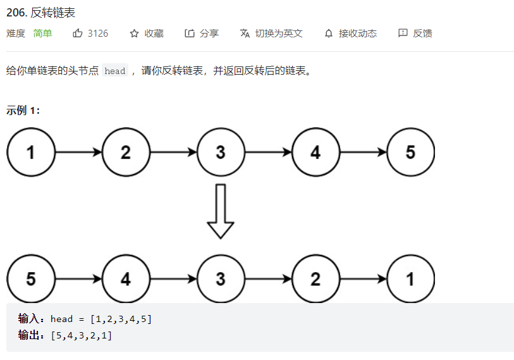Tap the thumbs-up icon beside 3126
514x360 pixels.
(78, 34)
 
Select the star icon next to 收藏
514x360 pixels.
(134, 34)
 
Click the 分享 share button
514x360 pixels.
(202, 34)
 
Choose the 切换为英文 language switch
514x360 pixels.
(272, 34)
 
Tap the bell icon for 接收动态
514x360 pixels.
(328, 34)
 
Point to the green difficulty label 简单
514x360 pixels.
(43, 34)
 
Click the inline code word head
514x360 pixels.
(115, 71)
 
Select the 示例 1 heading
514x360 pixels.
(23, 110)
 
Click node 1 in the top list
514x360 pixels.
(31, 152)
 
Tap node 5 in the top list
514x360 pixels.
(410, 152)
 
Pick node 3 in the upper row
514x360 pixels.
(221, 152)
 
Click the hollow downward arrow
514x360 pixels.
(221, 211)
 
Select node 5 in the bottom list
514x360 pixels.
(31, 278)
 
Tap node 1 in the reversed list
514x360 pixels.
(410, 278)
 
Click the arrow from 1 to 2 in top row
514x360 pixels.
(78, 152)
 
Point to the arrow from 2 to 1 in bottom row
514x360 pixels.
(363, 278)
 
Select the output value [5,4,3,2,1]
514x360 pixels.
(82, 335)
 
